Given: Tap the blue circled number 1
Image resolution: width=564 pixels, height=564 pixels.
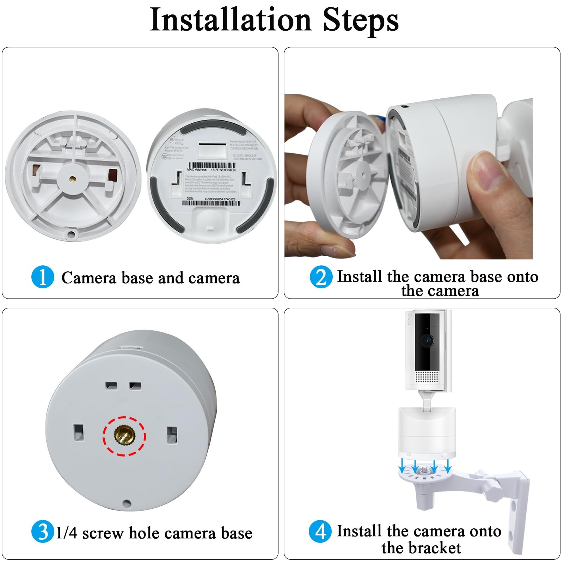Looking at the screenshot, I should pos(42,277).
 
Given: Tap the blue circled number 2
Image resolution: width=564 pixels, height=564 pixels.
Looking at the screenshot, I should pos(321,277).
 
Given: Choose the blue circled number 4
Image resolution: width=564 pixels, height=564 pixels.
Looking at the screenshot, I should pos(320,532).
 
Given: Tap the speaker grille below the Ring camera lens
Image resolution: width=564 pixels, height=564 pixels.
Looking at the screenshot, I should pos(427,376).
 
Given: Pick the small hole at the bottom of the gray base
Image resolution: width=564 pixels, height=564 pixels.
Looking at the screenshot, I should pos(127,503).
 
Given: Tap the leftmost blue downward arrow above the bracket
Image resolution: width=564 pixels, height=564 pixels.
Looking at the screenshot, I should pos(402,468).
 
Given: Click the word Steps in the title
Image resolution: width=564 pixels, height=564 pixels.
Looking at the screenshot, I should pos(360,20).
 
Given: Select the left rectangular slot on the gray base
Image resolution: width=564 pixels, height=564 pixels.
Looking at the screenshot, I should pos(78,433).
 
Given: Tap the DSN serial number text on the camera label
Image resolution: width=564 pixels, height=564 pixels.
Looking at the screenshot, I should pos(220,199).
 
